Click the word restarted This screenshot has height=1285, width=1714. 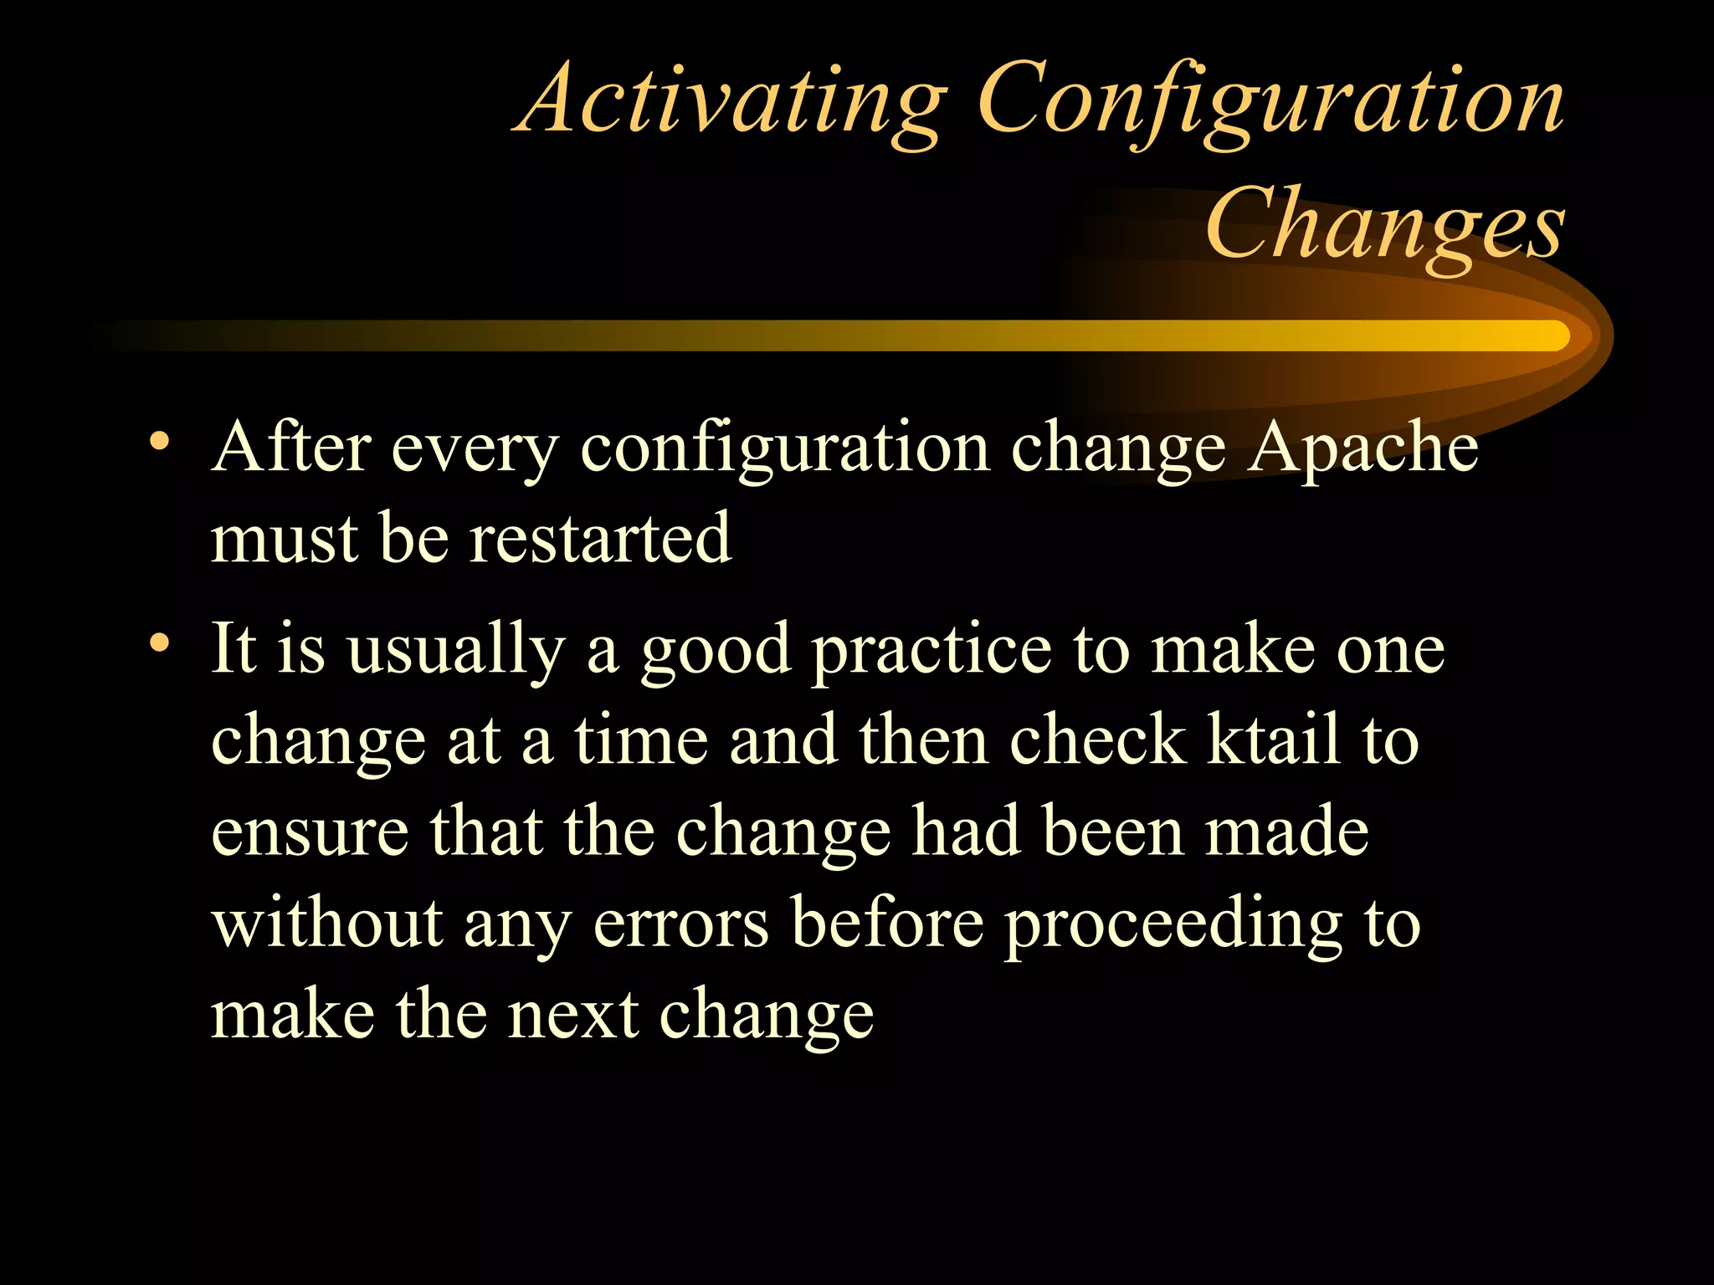600,540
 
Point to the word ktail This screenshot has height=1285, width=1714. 1273,741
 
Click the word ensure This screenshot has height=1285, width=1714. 310,834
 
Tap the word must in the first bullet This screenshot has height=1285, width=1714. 284,540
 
